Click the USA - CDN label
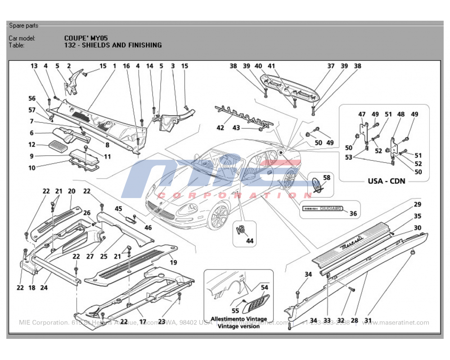(387, 181)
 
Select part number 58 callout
(327, 178)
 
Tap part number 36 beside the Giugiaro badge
(353, 213)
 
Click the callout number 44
(249, 241)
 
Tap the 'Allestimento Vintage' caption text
(238, 319)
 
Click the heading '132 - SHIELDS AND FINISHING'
(113, 45)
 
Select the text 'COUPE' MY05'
(86, 38)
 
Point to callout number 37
(331, 66)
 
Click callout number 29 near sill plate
(418, 205)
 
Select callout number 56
(31, 99)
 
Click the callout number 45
(119, 208)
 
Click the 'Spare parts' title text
(23, 26)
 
